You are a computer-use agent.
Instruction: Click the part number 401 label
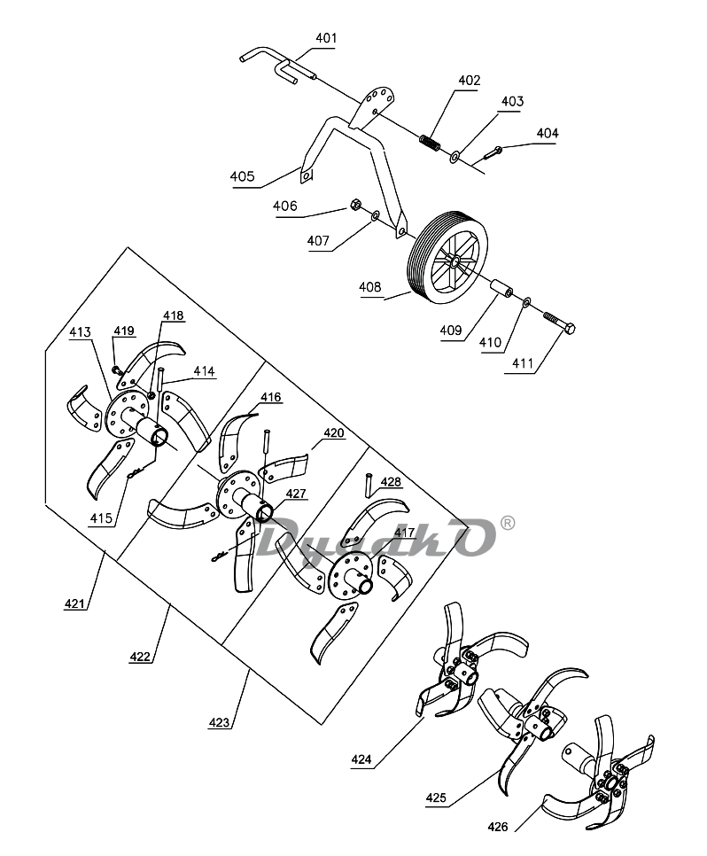tap(326, 38)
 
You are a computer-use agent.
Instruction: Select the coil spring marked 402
tap(431, 143)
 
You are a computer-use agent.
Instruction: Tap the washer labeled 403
tap(454, 158)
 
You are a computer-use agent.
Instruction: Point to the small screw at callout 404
tap(492, 152)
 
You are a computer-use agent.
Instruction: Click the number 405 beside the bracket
tap(242, 176)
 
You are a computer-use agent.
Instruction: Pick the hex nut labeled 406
tap(354, 206)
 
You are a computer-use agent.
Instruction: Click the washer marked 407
tap(375, 217)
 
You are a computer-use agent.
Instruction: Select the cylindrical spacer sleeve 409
tap(502, 289)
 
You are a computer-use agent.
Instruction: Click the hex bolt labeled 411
tap(560, 323)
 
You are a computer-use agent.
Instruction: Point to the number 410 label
tap(490, 342)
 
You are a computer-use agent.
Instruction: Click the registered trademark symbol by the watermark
tap(507, 523)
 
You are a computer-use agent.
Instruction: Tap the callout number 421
tap(74, 603)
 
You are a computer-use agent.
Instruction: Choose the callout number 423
tap(219, 722)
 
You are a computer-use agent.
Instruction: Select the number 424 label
tap(361, 759)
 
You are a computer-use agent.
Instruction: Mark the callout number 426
tap(497, 827)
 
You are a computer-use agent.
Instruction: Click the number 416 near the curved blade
tap(271, 397)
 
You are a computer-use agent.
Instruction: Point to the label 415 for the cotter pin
tap(101, 518)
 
